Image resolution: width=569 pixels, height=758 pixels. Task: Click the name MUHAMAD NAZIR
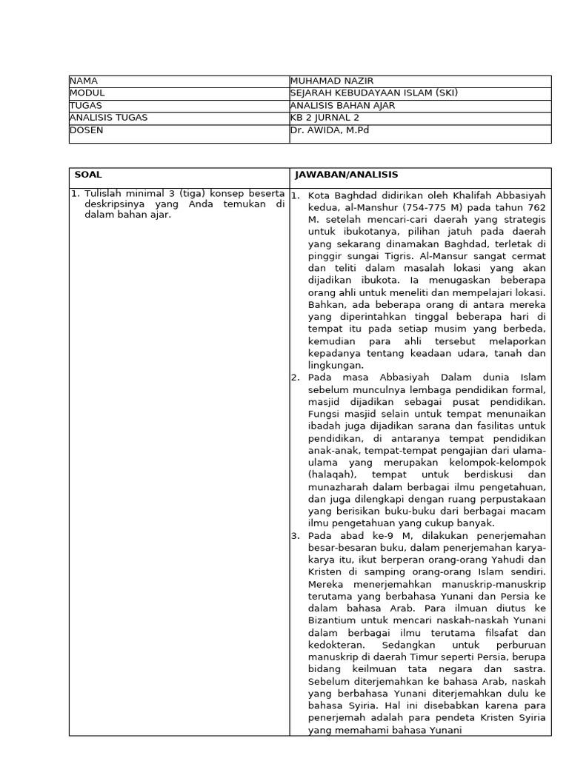coord(327,81)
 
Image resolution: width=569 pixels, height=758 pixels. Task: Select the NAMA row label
coord(84,81)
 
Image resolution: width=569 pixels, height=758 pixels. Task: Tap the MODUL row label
coord(87,93)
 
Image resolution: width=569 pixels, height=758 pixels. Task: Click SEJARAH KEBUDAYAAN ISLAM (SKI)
coord(374,93)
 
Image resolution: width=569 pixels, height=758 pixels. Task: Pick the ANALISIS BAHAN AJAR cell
coord(342,105)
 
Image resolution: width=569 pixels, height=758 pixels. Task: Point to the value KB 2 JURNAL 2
coord(325,118)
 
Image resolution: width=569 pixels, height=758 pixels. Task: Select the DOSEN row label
coord(87,130)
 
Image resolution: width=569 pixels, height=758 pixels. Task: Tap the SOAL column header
coord(88,175)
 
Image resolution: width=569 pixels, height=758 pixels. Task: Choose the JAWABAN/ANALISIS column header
coord(346,175)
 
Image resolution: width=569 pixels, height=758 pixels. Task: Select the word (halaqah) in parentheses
coord(330,474)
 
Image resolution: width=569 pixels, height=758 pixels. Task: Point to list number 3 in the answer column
coord(294,535)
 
